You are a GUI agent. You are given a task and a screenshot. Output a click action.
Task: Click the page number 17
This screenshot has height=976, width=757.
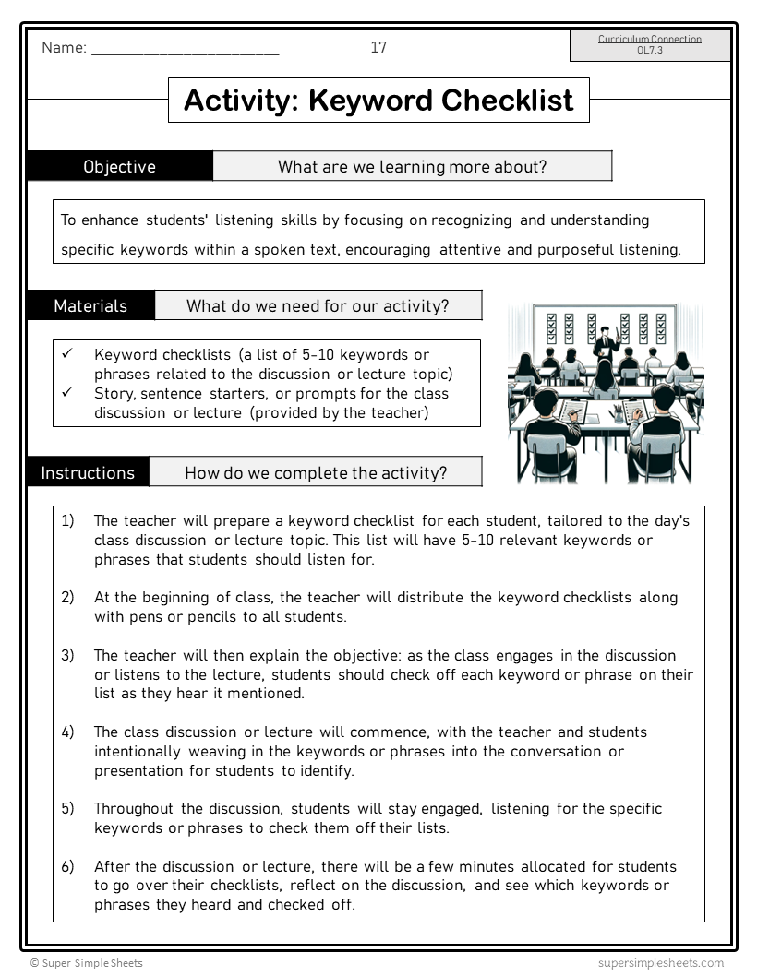point(378,48)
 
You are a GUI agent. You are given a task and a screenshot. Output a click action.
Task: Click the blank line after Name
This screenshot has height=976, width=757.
point(185,51)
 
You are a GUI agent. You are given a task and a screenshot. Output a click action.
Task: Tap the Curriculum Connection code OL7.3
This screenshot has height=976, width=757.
point(649,51)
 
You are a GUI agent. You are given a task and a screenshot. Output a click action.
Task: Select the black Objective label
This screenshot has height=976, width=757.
point(120,167)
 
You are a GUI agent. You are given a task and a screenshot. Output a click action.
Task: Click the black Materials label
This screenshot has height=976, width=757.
point(90,305)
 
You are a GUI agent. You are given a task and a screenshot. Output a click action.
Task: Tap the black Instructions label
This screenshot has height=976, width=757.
point(88,473)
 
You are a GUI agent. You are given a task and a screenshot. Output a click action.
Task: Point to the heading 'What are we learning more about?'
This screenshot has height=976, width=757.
point(412,167)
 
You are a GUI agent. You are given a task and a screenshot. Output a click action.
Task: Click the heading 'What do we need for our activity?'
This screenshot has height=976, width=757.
point(318,305)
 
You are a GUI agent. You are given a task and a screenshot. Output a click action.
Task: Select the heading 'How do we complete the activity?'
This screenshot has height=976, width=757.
point(316,473)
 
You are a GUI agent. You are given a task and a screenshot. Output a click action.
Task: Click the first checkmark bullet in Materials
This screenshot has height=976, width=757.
point(66,354)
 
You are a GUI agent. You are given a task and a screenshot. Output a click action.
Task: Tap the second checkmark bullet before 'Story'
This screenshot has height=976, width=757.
point(66,393)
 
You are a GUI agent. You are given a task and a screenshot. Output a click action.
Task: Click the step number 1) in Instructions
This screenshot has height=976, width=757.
point(68,521)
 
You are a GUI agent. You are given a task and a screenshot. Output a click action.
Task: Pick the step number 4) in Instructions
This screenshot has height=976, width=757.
point(68,732)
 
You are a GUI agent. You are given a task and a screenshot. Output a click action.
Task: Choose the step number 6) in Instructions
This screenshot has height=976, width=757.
point(68,867)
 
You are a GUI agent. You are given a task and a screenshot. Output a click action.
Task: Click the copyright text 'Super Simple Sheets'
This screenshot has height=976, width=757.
point(91,963)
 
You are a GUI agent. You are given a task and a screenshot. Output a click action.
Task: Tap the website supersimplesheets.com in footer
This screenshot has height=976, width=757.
point(660,963)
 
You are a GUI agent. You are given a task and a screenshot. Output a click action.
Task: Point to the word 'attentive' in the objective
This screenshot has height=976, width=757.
point(472,250)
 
